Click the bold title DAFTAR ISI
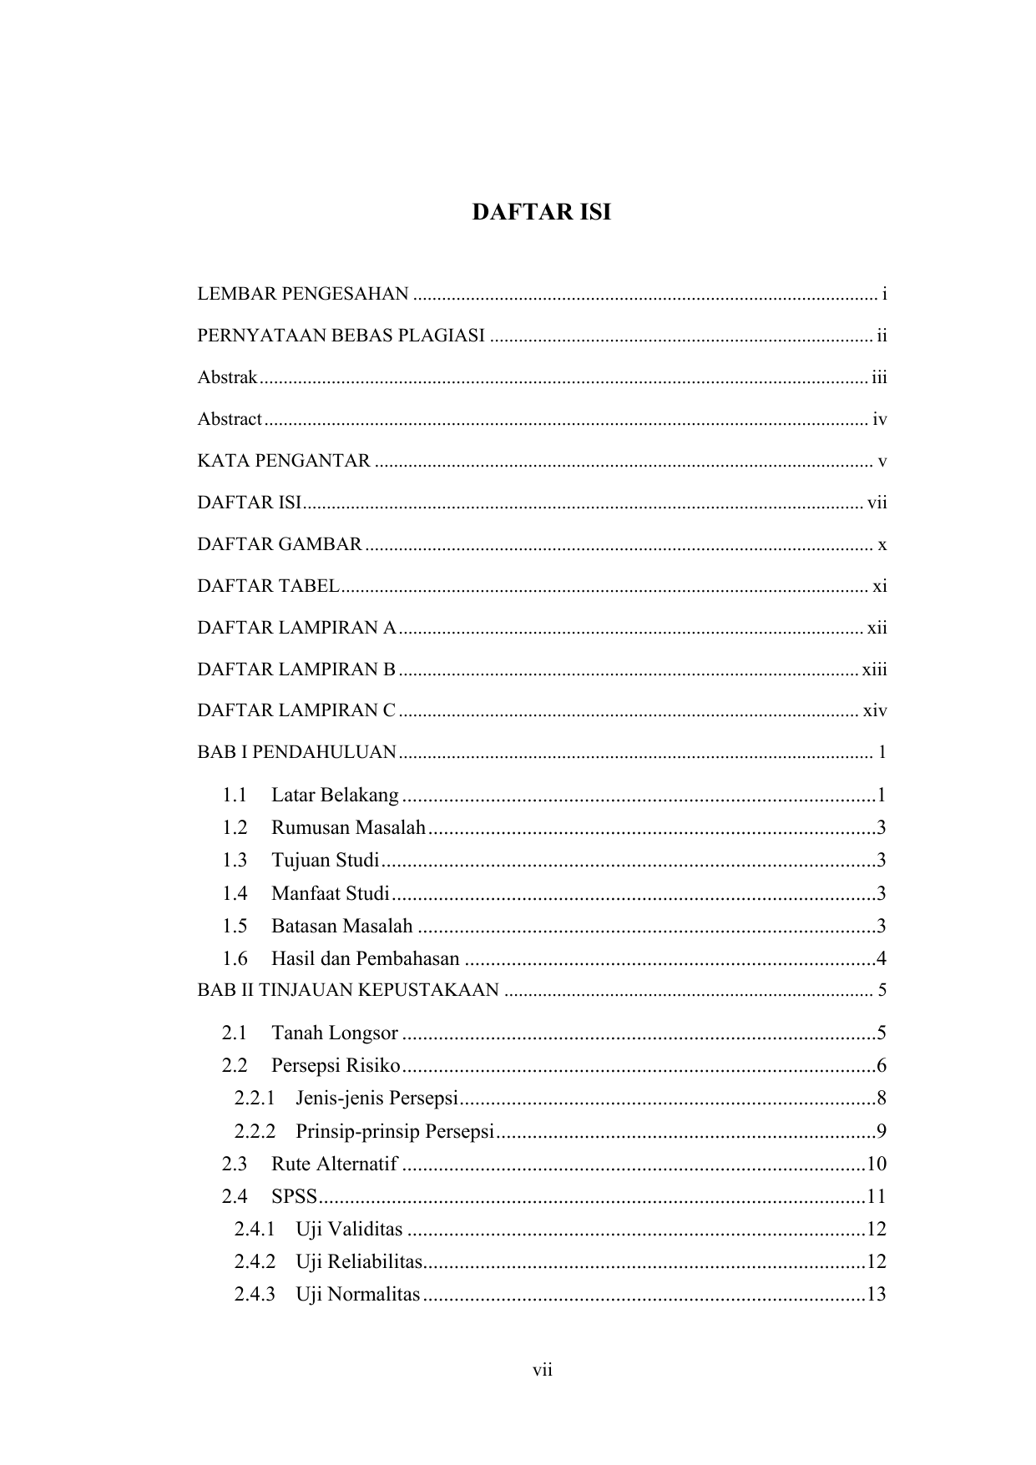[x=541, y=212]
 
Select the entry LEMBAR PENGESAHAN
[x=302, y=294]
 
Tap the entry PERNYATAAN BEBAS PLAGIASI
[x=341, y=336]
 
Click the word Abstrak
[x=227, y=377]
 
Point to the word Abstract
[x=230, y=419]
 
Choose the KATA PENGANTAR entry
[x=284, y=461]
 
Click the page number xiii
[x=874, y=669]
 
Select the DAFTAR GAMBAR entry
[x=280, y=544]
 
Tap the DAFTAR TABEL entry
[x=268, y=586]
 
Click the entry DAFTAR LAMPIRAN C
[x=296, y=710]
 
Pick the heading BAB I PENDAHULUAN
[x=296, y=752]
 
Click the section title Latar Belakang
[x=335, y=795]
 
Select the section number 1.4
[x=235, y=893]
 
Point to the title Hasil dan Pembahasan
[x=366, y=958]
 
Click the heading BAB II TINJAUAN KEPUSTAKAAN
[x=348, y=991]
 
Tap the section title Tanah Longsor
[x=335, y=1033]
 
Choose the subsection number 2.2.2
[x=255, y=1131]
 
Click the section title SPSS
[x=294, y=1196]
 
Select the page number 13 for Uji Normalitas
[x=876, y=1295]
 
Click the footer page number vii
[x=543, y=1370]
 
